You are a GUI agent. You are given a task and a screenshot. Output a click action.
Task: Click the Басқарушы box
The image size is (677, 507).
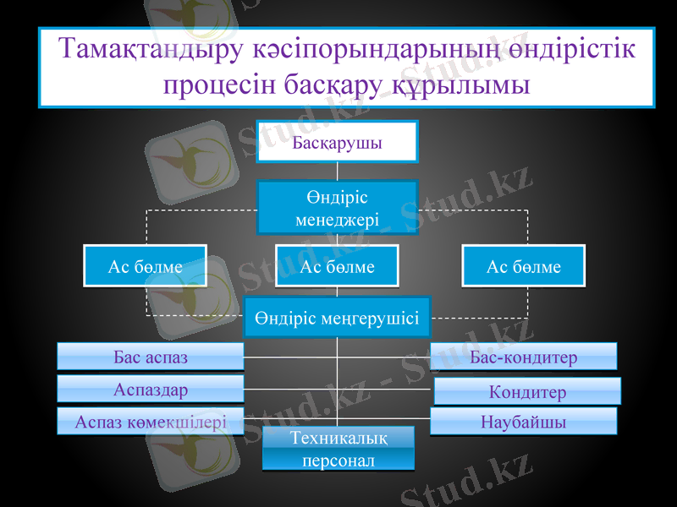click(337, 141)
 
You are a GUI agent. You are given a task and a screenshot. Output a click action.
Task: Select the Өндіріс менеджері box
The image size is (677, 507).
click(337, 207)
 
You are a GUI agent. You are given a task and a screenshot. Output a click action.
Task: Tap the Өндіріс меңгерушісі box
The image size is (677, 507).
click(337, 318)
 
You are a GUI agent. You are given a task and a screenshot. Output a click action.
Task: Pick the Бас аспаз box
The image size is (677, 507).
click(151, 357)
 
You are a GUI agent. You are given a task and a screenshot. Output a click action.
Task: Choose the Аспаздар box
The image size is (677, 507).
click(151, 389)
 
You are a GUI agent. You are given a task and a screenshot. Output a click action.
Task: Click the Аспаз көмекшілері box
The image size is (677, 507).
click(151, 421)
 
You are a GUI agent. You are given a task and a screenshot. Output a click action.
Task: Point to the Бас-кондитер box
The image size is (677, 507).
click(523, 357)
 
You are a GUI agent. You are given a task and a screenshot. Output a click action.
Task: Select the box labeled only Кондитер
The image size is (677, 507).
click(527, 391)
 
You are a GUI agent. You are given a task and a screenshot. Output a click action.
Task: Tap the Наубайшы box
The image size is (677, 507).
click(523, 421)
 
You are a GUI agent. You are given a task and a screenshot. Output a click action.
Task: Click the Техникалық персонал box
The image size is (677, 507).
click(338, 449)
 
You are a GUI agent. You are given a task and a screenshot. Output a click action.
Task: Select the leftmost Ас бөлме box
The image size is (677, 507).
click(145, 266)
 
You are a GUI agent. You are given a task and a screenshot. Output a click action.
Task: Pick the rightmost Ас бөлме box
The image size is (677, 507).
click(523, 266)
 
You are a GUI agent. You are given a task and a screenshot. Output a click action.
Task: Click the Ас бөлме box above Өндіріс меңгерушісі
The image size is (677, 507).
click(337, 266)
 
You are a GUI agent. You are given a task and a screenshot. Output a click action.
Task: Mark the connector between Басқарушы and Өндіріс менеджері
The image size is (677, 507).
click(337, 171)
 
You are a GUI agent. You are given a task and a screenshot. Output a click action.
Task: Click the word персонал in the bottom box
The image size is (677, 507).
click(338, 461)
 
